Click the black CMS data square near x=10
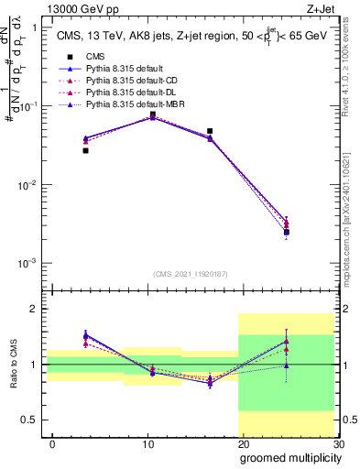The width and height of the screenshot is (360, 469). pyautogui.click(x=153, y=115)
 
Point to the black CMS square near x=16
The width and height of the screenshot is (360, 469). pyautogui.click(x=210, y=131)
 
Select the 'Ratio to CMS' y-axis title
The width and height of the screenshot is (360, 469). pyautogui.click(x=12, y=375)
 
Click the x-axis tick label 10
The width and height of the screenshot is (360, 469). pyautogui.click(x=147, y=443)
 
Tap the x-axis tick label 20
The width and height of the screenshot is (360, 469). pyautogui.click(x=243, y=443)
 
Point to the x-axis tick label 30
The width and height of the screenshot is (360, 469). pyautogui.click(x=338, y=443)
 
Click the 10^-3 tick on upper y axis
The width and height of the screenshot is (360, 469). pyautogui.click(x=27, y=264)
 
